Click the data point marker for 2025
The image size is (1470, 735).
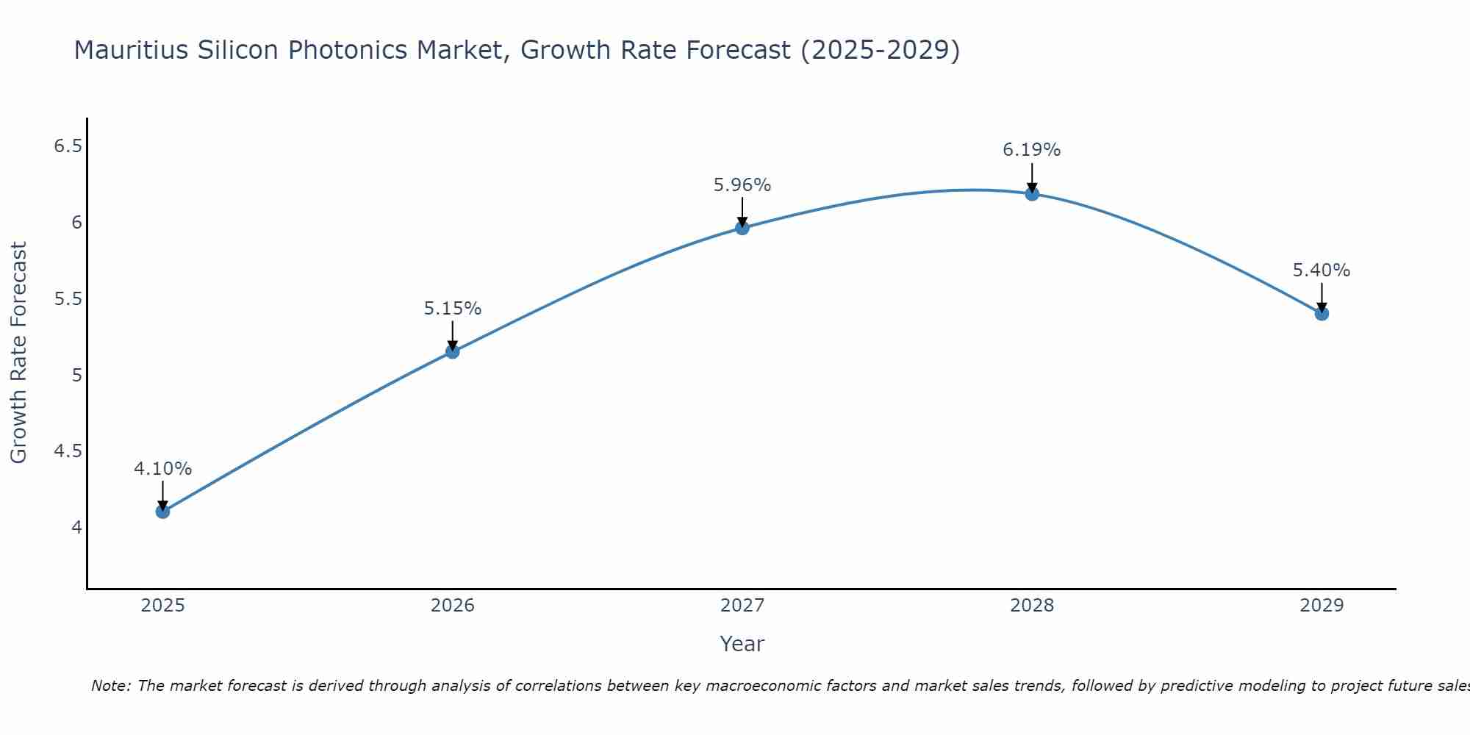pos(162,512)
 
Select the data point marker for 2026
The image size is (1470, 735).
pos(452,351)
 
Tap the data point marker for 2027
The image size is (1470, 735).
pos(742,228)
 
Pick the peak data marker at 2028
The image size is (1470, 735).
pos(1032,194)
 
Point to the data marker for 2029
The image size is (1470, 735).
pos(1322,314)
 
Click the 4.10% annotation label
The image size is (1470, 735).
pos(162,469)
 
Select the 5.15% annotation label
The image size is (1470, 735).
pos(452,309)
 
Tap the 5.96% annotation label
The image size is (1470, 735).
pos(742,185)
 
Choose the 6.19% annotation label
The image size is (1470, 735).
pos(1032,150)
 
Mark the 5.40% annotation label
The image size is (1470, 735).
pos(1322,270)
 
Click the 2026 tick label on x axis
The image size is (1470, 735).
pos(452,606)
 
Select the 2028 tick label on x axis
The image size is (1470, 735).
pos(1032,606)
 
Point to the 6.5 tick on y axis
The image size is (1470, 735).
pos(68,146)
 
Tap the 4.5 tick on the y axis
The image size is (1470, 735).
pos(68,451)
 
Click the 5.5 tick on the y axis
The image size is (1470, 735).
pos(68,299)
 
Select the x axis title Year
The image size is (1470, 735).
pos(742,644)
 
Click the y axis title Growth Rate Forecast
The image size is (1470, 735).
pos(18,353)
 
